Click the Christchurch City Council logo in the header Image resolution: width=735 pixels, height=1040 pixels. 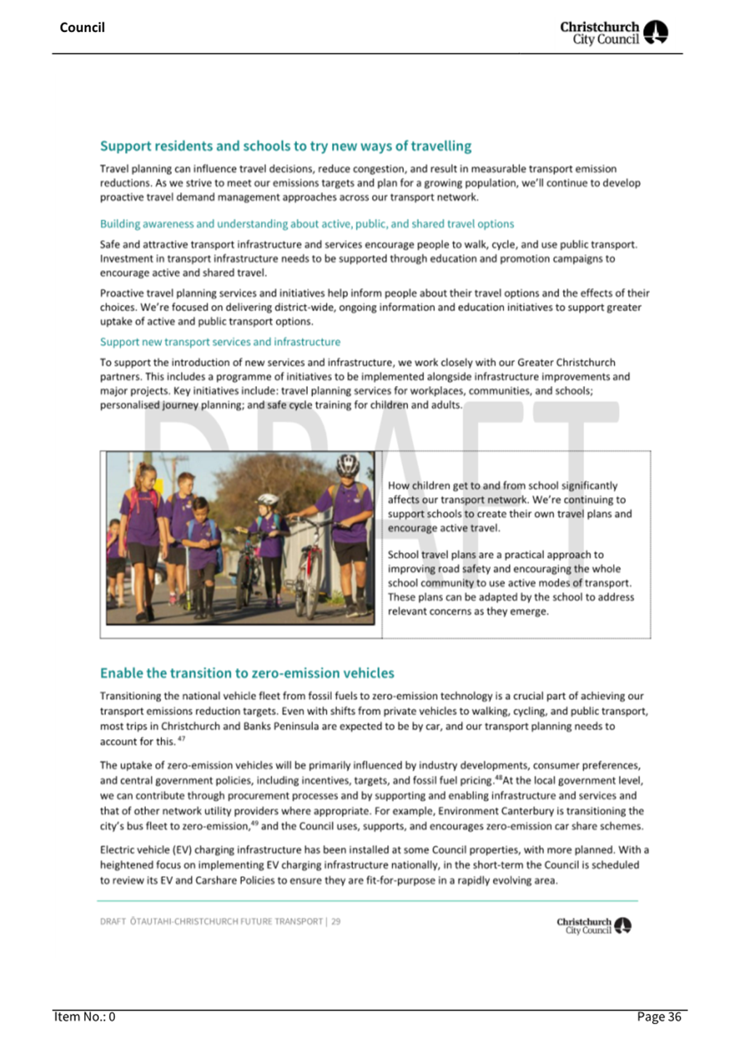point(614,33)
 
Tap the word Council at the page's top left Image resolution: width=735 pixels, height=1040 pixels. point(82,28)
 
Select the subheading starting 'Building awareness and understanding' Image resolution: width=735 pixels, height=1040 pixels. point(306,224)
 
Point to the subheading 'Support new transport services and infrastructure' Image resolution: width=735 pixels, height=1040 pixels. point(220,342)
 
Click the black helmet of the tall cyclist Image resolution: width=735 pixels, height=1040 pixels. point(348,464)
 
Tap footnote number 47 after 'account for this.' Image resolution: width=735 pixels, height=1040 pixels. point(182,739)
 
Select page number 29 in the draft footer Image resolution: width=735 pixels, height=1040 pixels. point(336,922)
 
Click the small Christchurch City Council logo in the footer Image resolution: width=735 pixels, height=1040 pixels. point(593,926)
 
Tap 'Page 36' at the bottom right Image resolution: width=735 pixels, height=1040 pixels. point(659,1017)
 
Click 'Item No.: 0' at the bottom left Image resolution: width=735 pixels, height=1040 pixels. point(84,1017)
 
